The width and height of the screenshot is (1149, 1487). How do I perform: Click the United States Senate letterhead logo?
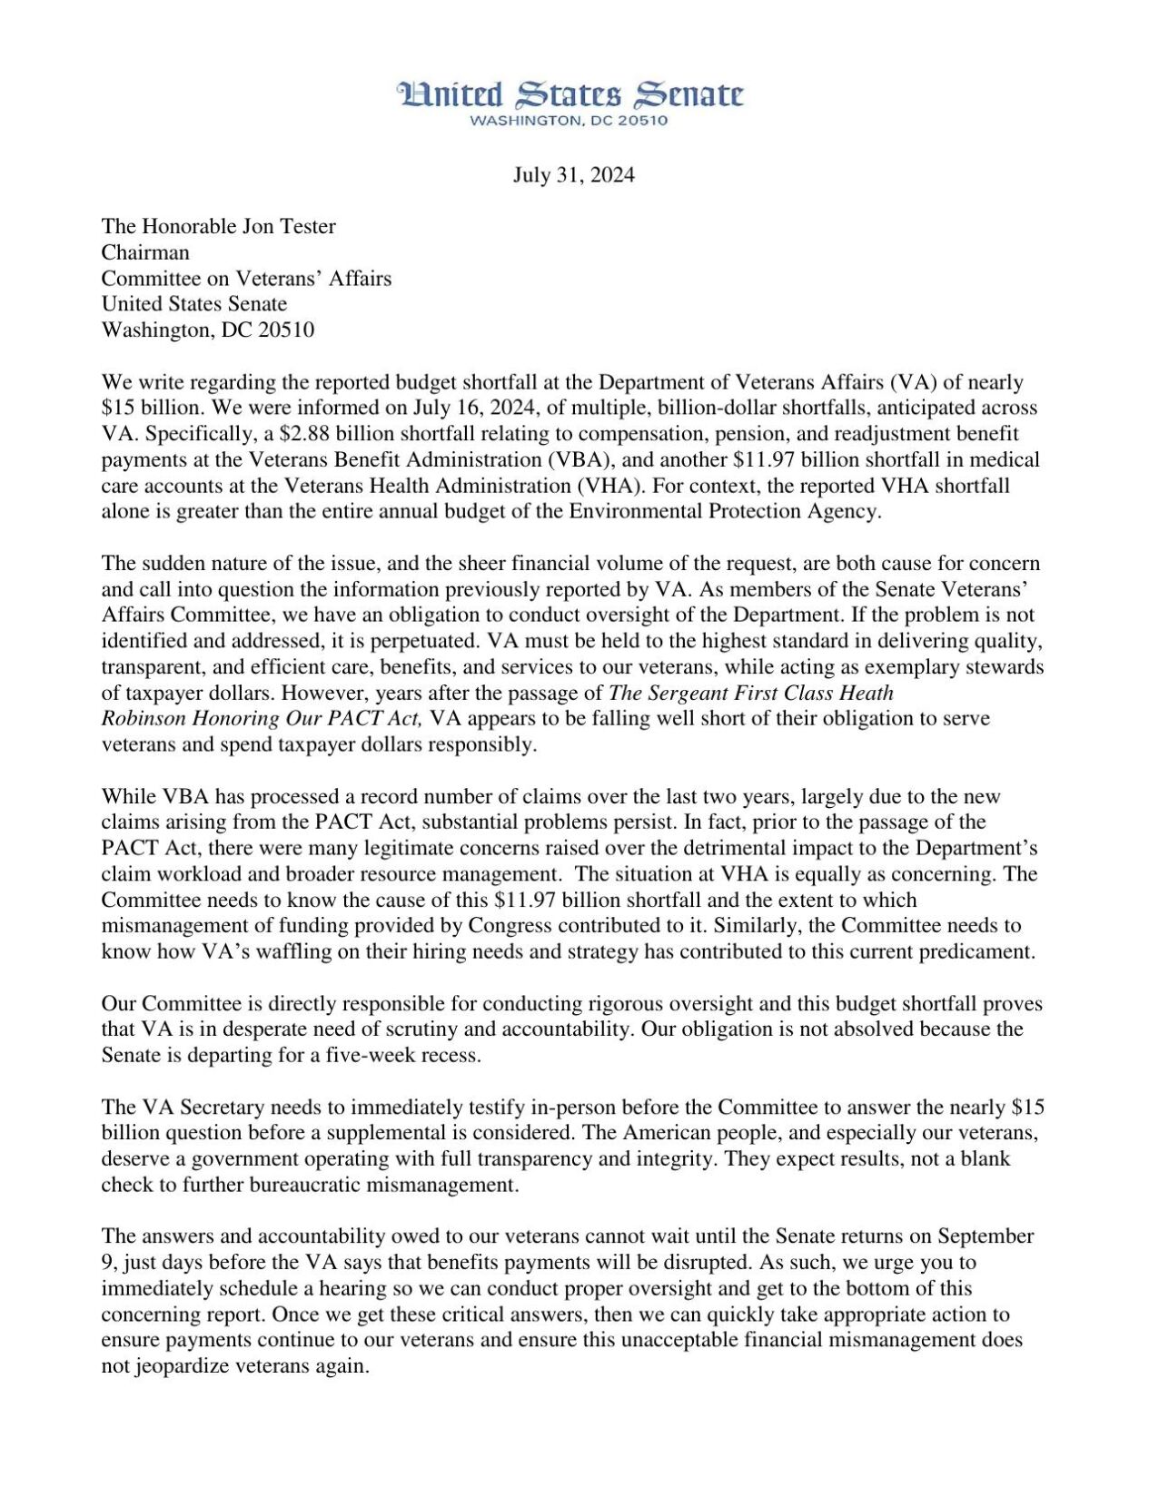570,94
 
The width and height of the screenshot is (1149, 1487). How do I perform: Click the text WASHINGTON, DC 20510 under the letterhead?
570,121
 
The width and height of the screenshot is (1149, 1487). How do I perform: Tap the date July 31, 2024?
573,175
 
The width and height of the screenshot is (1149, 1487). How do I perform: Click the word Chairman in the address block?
145,252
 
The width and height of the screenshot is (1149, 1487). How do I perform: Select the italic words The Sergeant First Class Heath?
751,694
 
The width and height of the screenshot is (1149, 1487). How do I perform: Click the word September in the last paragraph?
986,1236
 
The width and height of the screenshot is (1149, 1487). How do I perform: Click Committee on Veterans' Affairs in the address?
246,279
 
